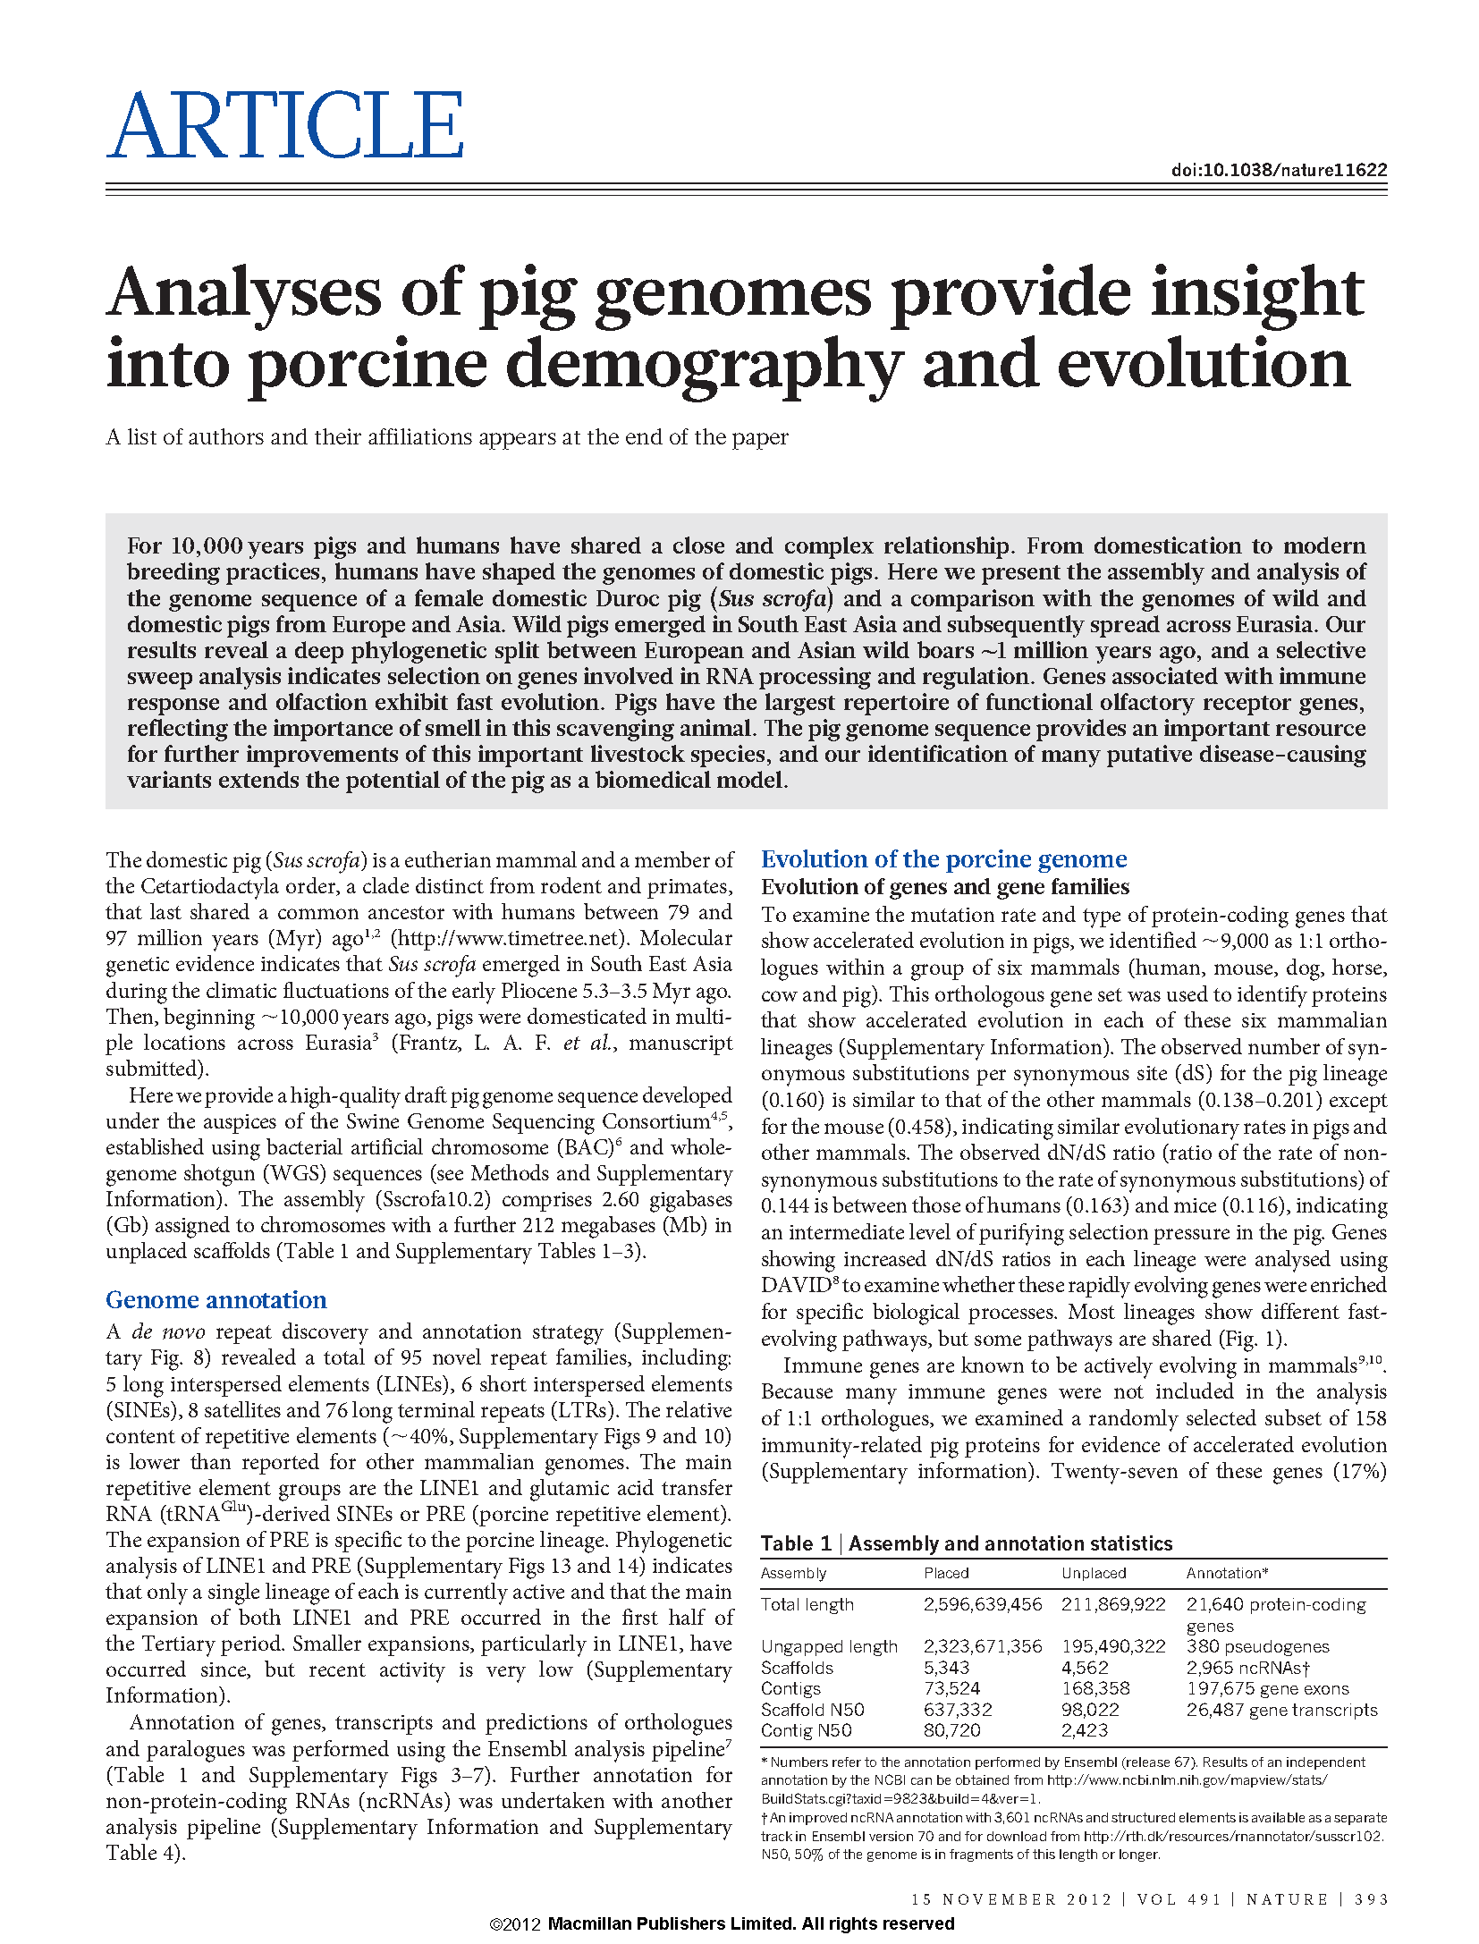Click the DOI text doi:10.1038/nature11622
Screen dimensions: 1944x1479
coord(1279,170)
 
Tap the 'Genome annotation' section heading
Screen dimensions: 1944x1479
coord(216,1299)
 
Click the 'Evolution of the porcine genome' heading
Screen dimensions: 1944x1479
coord(943,859)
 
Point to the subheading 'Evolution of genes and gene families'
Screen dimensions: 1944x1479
coord(945,887)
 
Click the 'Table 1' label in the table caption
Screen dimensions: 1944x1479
coord(796,1543)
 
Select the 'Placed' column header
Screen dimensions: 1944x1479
coord(946,1573)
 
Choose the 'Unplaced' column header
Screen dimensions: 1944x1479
coord(1094,1573)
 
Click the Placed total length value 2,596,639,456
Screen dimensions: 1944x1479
coord(983,1604)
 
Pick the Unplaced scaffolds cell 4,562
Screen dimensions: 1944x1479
coord(1085,1668)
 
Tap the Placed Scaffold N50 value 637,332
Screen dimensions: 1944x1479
coord(958,1710)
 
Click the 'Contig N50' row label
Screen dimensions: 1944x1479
coord(806,1730)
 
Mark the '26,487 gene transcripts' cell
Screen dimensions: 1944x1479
coord(1281,1710)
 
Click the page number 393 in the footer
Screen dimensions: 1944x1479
coord(1372,1899)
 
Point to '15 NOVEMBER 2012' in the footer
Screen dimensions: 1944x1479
coord(1012,1899)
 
